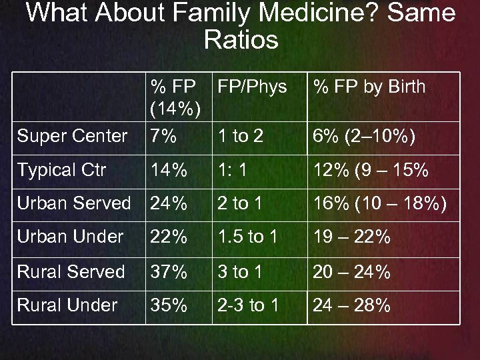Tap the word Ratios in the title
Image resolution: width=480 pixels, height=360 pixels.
coord(241,40)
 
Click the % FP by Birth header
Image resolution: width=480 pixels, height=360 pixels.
coord(369,87)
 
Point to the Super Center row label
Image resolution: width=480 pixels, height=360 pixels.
coord(72,137)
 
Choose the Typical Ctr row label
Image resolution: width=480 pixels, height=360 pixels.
coord(61,170)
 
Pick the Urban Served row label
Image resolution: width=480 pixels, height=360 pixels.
coord(74,203)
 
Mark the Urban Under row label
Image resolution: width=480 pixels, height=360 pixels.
coord(70,237)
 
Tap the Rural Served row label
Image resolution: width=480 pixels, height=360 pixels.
coord(71,271)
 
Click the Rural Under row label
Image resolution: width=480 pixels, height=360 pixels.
coord(67,305)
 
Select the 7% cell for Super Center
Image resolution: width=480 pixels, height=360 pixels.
coord(163,137)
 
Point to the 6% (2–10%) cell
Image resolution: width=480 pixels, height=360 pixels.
coord(364,137)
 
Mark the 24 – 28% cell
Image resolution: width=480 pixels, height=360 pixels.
coord(352,305)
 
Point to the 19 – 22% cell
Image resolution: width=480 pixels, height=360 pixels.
coord(352,237)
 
